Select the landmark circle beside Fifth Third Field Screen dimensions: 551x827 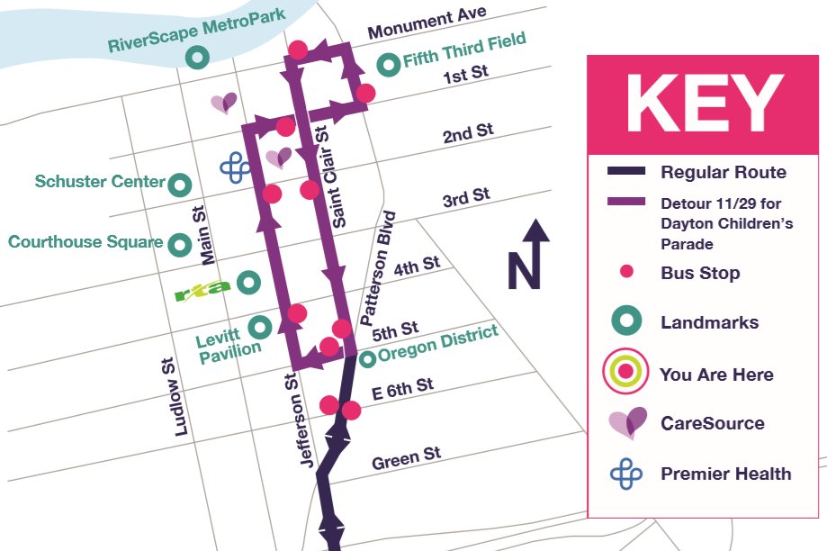pos(388,65)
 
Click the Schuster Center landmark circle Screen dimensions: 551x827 pos(180,185)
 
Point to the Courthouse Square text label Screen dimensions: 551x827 pos(85,242)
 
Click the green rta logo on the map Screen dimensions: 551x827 pos(202,288)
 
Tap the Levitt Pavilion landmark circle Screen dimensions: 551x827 pos(260,326)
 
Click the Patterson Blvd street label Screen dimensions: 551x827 pos(377,268)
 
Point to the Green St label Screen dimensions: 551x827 pos(406,458)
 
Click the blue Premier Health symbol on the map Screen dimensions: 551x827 pos(236,167)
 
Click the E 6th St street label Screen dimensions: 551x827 pos(402,389)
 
